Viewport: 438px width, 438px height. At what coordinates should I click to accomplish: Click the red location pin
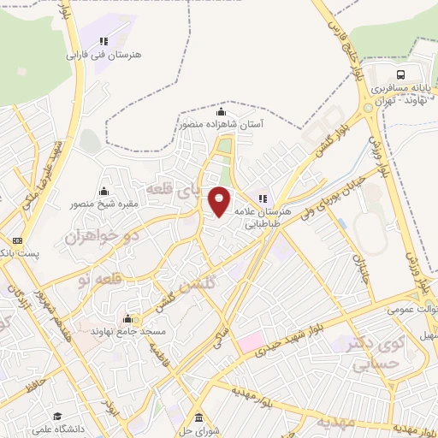(220, 201)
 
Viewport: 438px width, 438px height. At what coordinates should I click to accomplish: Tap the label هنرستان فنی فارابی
(105, 54)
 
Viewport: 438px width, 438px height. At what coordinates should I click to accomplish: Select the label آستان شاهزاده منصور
(222, 124)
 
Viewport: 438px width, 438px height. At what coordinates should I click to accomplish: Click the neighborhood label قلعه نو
(95, 278)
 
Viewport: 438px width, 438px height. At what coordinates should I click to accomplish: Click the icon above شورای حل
(199, 417)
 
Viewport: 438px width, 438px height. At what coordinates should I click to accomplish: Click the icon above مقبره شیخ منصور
(104, 191)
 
